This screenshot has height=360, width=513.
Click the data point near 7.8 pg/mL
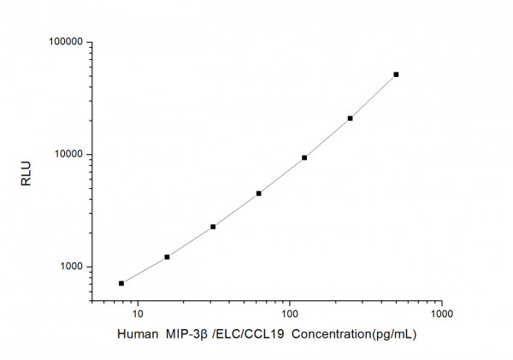tap(121, 283)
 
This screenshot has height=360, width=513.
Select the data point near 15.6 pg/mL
tap(167, 257)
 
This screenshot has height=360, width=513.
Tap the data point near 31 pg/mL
tap(213, 227)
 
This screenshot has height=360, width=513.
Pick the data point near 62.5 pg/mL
tap(258, 193)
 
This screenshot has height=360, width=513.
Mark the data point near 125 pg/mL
tap(304, 157)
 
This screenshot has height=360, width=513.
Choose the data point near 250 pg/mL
tap(350, 118)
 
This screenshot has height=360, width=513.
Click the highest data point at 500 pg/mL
tap(396, 74)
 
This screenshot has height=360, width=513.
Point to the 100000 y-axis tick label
tap(64, 42)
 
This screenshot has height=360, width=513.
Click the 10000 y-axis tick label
tap(67, 155)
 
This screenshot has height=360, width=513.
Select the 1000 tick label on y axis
tap(69, 267)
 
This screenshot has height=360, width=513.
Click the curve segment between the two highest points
tap(374, 97)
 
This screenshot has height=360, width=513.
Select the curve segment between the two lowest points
tap(144, 270)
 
